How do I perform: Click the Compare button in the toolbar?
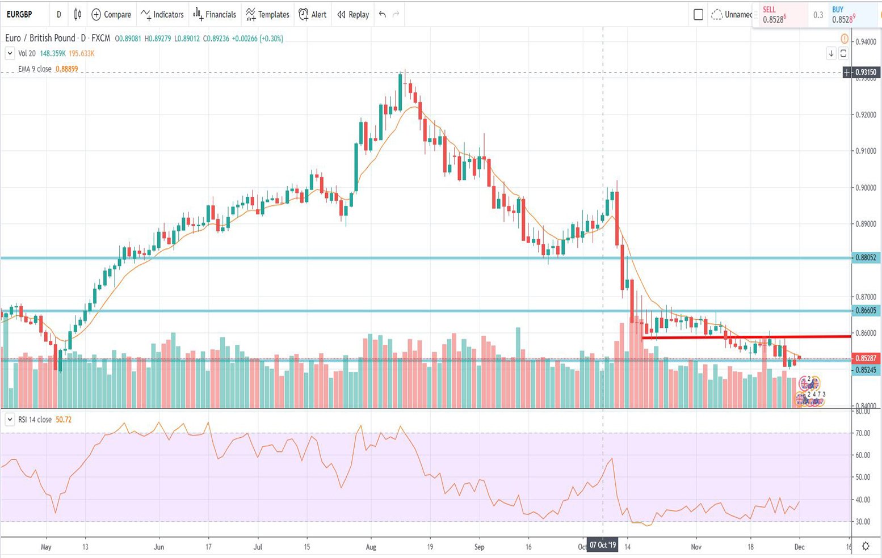click(111, 15)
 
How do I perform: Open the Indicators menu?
click(162, 15)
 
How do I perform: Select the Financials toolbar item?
click(215, 15)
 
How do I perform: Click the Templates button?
click(267, 15)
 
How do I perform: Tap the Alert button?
click(313, 15)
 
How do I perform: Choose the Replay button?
click(353, 15)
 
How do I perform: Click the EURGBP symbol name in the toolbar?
click(19, 15)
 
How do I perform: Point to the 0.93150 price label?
click(866, 73)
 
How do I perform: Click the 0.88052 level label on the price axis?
click(866, 257)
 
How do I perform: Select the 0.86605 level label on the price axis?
click(866, 311)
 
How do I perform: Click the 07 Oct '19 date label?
click(602, 546)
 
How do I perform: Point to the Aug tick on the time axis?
click(371, 547)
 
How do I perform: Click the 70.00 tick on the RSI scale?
click(863, 433)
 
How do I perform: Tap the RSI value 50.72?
click(64, 420)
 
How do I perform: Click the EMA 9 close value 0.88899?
click(67, 69)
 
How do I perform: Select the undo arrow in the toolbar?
click(383, 15)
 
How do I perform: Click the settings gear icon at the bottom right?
click(866, 546)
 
